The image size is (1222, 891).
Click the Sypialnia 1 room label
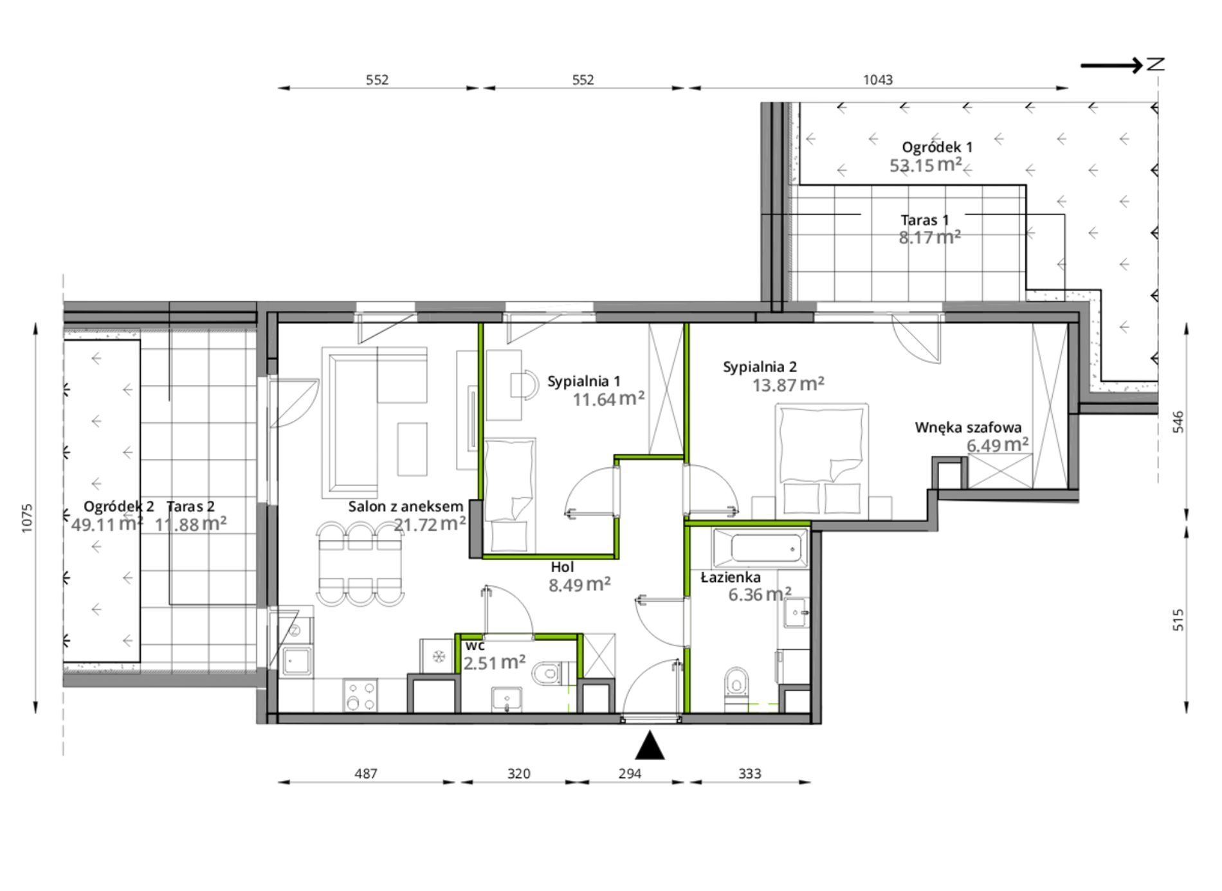(583, 381)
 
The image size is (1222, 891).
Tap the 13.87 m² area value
(789, 384)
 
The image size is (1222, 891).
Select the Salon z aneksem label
(405, 507)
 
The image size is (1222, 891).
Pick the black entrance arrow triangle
(650, 745)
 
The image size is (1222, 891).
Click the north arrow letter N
(1156, 64)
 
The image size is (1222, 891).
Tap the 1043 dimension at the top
(878, 80)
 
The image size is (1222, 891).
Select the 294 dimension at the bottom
(630, 774)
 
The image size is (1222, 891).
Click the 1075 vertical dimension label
(27, 517)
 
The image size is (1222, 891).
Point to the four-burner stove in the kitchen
(361, 696)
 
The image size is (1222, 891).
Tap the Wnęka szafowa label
(969, 428)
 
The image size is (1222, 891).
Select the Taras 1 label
(925, 220)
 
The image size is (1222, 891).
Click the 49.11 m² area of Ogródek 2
(107, 524)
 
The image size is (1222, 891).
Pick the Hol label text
(562, 567)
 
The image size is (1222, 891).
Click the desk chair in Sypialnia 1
(524, 384)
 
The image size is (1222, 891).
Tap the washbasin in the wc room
(507, 699)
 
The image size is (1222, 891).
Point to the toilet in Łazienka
(736, 688)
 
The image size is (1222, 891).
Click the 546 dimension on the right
(1178, 422)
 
